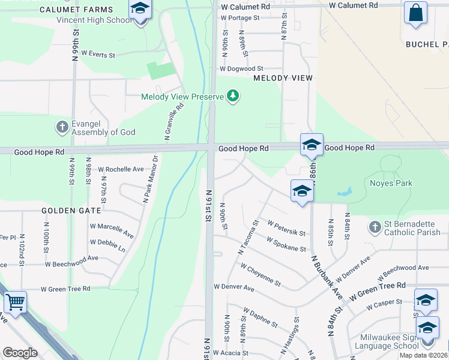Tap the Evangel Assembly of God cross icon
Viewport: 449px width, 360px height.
62,127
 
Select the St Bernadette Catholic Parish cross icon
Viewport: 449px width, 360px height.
375,227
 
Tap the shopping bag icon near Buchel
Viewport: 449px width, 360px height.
415,13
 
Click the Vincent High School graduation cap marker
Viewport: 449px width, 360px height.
140,10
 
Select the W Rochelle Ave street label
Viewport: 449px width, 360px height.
121,169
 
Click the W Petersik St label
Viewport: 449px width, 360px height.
286,228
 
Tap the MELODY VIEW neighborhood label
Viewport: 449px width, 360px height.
283,78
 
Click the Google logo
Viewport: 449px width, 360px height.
20,353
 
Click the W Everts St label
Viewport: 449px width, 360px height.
97,54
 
